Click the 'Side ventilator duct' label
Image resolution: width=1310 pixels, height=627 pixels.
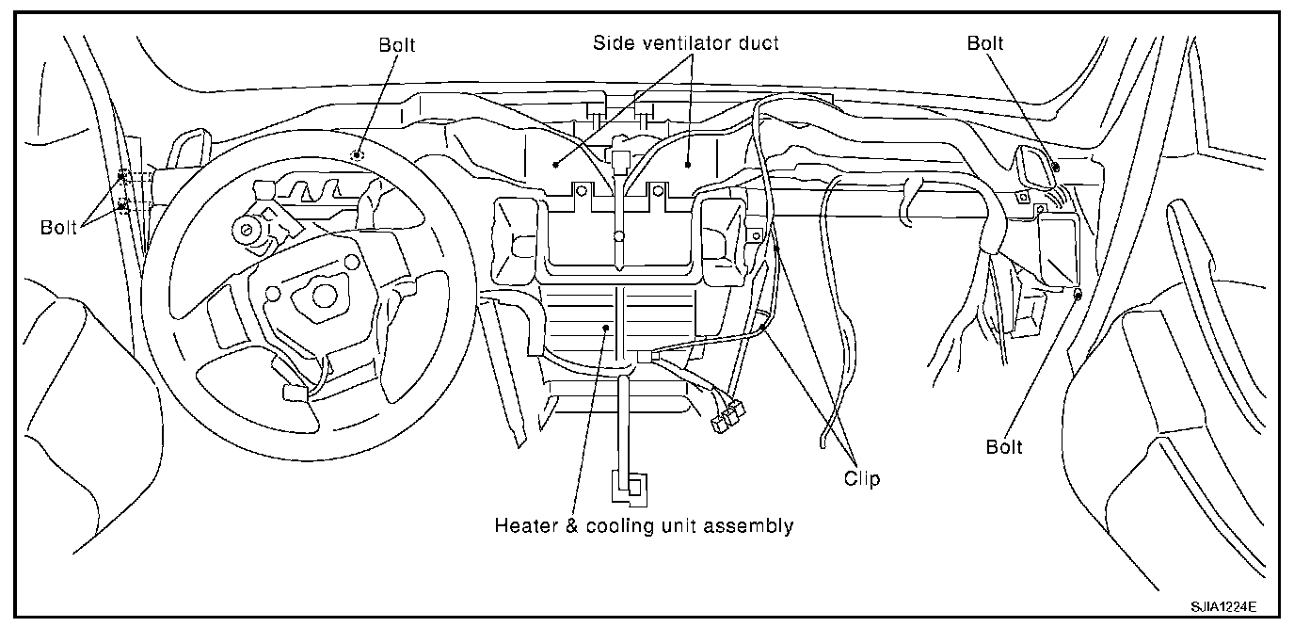pos(685,43)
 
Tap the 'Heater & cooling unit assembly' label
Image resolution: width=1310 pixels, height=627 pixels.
pos(644,526)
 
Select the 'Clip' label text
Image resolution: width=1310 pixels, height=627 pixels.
pos(861,479)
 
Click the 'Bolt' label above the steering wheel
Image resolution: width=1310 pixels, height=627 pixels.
pos(396,44)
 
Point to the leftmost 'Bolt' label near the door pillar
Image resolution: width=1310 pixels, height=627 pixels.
pos(59,228)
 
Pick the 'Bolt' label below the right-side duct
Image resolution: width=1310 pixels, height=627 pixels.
pos(1004,447)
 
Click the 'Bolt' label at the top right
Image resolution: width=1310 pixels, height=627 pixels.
pos(985,43)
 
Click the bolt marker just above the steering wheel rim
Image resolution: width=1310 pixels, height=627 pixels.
pos(357,154)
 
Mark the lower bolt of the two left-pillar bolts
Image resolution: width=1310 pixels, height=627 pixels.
pos(121,204)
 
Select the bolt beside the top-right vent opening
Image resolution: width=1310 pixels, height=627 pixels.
pos(1056,167)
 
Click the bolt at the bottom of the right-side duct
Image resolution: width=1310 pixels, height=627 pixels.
pos(1078,295)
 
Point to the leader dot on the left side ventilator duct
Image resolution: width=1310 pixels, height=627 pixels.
pos(557,164)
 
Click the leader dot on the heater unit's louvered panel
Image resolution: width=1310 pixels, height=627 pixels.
pos(607,326)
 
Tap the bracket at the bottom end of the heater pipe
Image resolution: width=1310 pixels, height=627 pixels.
pos(628,488)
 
